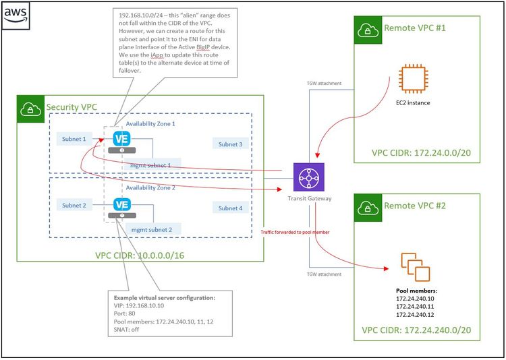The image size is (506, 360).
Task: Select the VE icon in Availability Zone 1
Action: (x=122, y=138)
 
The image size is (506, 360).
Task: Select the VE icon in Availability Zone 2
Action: (x=122, y=204)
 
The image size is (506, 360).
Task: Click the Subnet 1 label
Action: (x=74, y=138)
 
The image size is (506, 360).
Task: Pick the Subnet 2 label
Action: (x=74, y=205)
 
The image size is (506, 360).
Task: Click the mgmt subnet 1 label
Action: (x=151, y=164)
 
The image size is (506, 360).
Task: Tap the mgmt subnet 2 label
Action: (x=151, y=230)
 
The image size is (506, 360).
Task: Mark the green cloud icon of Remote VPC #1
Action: (x=367, y=28)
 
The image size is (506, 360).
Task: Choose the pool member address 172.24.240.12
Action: (x=416, y=314)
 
